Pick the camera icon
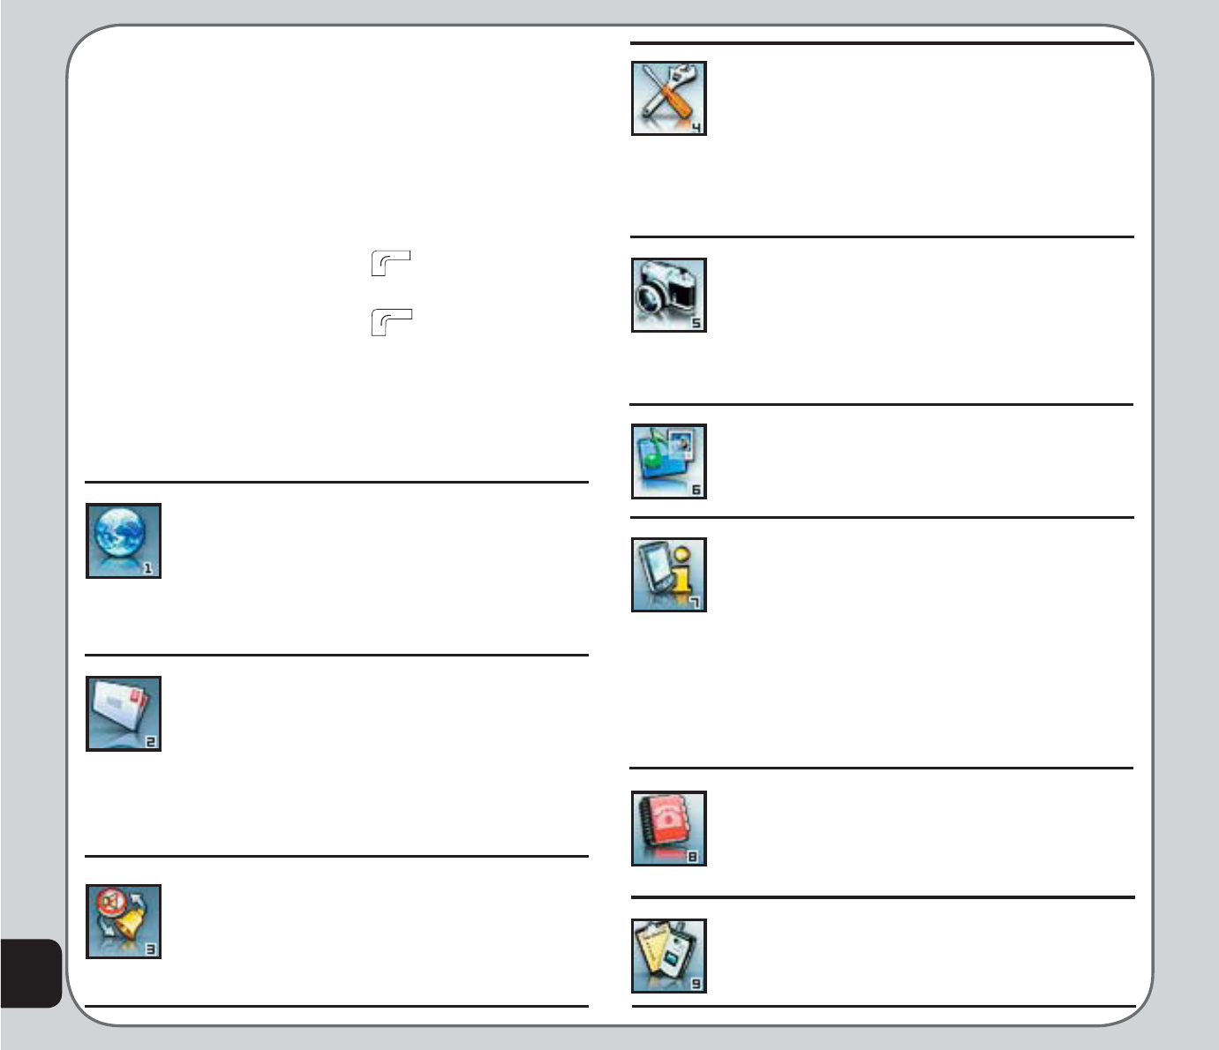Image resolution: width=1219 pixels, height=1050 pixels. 668,295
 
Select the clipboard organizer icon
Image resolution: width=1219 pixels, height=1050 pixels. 668,956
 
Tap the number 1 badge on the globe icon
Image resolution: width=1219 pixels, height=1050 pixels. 149,569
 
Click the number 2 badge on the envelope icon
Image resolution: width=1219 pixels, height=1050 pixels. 150,742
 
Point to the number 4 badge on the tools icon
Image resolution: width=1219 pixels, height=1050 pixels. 696,127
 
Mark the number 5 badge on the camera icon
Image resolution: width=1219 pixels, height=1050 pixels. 696,323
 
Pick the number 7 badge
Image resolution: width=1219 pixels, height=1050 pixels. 696,603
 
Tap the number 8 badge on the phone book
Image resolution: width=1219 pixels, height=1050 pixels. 694,856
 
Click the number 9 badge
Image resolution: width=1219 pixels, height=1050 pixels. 696,984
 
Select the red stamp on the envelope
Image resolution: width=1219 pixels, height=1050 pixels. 136,700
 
